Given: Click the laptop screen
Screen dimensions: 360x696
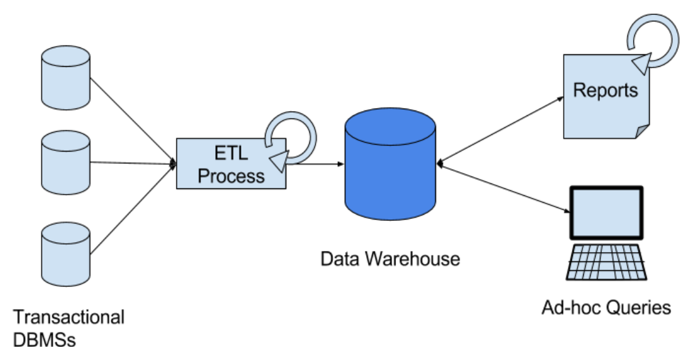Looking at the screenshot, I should (606, 212).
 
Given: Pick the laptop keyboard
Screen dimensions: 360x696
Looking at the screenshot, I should (606, 262).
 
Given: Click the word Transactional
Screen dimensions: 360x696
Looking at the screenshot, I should (69, 317).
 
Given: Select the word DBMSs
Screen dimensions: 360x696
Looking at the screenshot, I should (44, 341).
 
